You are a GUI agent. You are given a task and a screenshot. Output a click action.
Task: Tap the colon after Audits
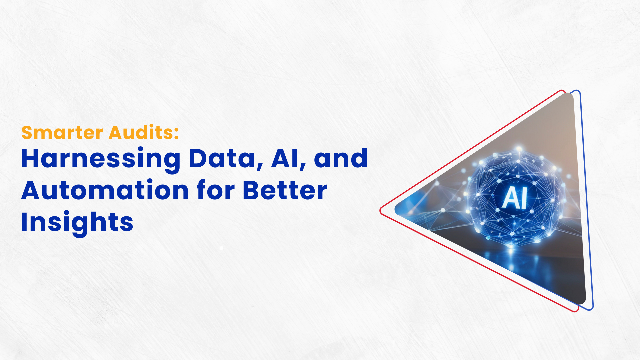click(176, 133)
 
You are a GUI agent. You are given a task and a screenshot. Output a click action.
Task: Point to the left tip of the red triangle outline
click(380, 210)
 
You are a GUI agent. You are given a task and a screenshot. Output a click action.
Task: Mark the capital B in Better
click(252, 190)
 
